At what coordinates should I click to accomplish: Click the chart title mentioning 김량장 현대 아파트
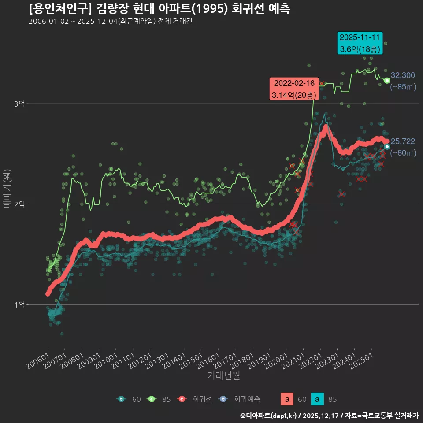(x=159, y=9)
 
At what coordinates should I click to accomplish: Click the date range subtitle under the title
(x=110, y=22)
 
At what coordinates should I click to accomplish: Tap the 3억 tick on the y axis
(x=19, y=104)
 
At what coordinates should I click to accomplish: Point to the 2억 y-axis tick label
(x=19, y=204)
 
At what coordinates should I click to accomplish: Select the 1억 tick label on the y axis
(x=19, y=304)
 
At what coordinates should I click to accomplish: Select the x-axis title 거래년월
(x=223, y=376)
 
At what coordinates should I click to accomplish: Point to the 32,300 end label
(x=403, y=75)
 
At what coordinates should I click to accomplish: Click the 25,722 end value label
(x=403, y=141)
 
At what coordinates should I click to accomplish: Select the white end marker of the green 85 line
(x=387, y=80)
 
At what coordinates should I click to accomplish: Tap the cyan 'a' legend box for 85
(x=317, y=400)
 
